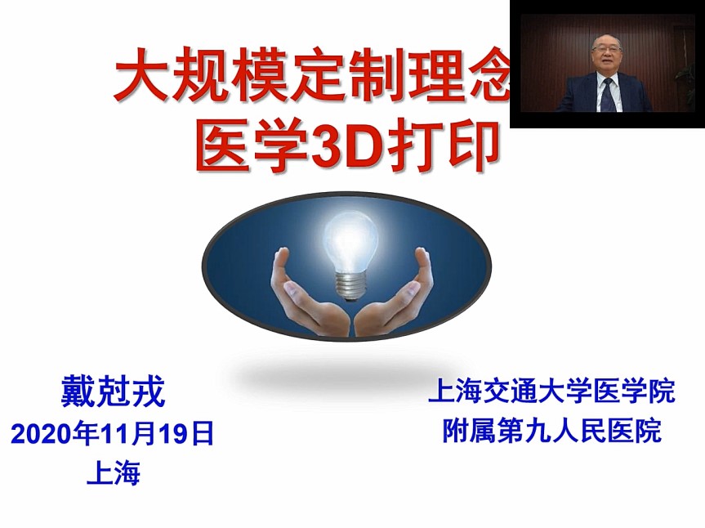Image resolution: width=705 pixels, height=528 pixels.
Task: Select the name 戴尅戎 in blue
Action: [x=113, y=392]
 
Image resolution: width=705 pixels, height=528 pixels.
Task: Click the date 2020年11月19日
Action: [x=113, y=434]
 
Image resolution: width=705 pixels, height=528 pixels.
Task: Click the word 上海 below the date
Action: [x=114, y=472]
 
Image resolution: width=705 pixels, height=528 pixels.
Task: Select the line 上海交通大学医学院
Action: [x=551, y=391]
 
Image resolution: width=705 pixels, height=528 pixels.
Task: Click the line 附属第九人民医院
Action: [x=551, y=431]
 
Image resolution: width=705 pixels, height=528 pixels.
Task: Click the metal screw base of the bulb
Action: [x=350, y=287]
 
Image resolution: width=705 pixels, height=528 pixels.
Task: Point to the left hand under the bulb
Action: [x=310, y=299]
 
